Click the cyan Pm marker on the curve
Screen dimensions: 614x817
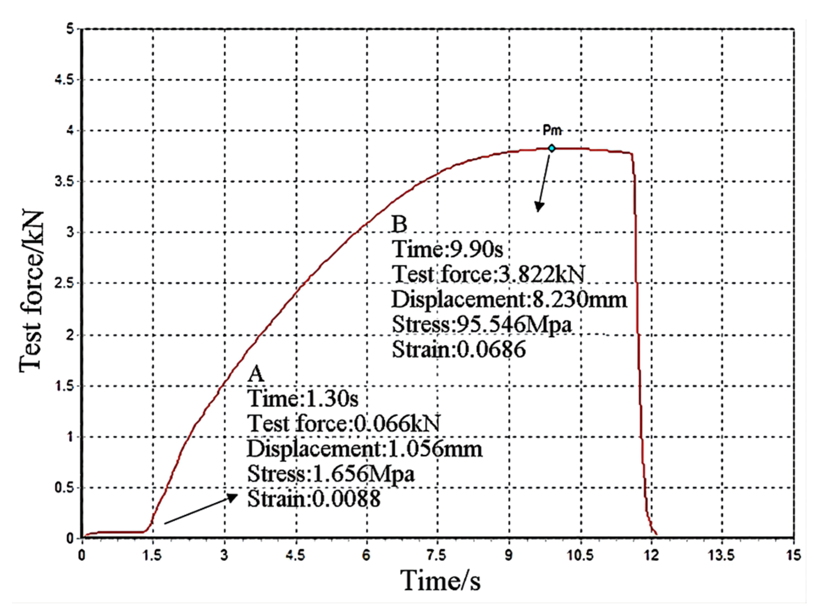(x=551, y=148)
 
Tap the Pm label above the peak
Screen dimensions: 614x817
(x=552, y=130)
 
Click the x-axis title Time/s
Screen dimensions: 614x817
(x=440, y=581)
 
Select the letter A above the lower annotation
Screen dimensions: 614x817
(x=256, y=374)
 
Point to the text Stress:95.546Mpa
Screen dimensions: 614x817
(x=481, y=324)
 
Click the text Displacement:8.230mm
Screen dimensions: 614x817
(x=509, y=299)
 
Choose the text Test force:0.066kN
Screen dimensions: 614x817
(x=344, y=423)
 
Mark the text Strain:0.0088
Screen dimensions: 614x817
(x=314, y=499)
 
